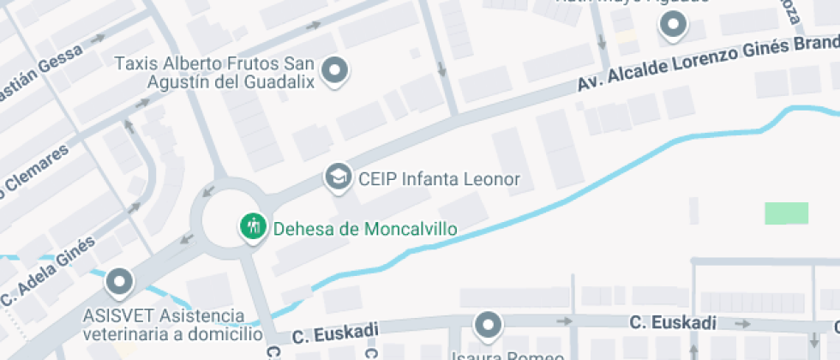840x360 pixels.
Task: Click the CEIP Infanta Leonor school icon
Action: [x=339, y=177]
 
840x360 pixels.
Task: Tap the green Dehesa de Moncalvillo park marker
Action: [x=252, y=227]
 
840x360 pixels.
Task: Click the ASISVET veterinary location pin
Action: [x=119, y=281]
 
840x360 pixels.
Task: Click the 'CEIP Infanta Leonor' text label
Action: [x=440, y=179]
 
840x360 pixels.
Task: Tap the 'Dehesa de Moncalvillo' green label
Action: [x=364, y=229]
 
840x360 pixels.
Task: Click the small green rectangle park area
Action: [x=786, y=213]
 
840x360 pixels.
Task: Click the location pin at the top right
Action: [x=674, y=26]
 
